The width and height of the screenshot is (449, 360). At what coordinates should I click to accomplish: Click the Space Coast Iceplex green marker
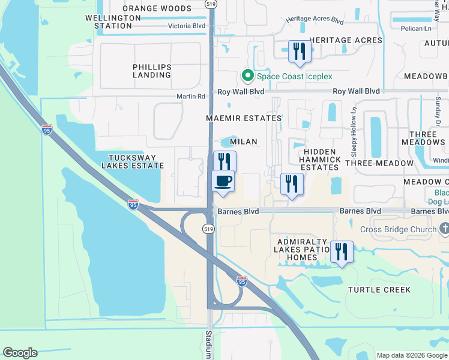click(247, 76)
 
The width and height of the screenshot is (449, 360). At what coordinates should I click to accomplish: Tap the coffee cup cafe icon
click(223, 181)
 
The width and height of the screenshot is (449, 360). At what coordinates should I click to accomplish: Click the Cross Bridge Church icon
click(444, 229)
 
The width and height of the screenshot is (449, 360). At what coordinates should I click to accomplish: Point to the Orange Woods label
click(157, 8)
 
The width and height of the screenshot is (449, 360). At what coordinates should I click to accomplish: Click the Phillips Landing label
click(152, 71)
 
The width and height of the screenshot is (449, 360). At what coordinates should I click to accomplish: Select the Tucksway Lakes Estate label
click(132, 161)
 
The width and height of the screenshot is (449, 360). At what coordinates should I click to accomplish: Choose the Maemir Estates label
click(244, 118)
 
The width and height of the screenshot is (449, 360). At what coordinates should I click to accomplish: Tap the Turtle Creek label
click(379, 290)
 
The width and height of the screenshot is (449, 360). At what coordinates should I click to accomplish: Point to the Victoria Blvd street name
click(187, 26)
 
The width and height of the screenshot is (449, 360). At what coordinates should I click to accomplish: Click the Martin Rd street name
click(191, 96)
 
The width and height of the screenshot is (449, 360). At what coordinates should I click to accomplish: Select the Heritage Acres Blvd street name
click(315, 20)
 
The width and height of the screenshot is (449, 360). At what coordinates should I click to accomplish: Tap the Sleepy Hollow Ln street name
click(354, 127)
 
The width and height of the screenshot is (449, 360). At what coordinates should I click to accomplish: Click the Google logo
click(20, 353)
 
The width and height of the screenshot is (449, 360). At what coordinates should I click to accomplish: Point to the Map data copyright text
click(412, 355)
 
